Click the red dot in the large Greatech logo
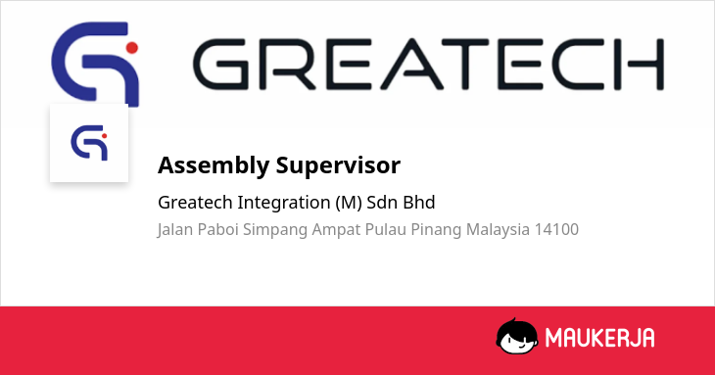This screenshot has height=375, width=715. point(132,48)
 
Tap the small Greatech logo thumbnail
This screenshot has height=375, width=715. point(89,143)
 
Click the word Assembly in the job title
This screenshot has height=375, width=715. point(214,165)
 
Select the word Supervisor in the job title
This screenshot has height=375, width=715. point(338,165)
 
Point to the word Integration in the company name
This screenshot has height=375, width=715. point(284,203)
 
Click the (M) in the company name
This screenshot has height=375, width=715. point(349,203)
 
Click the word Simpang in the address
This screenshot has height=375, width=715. point(275,230)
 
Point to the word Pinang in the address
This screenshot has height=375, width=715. point(436,230)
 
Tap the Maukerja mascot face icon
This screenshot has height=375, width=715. point(516,336)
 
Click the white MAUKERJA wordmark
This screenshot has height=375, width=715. point(599,338)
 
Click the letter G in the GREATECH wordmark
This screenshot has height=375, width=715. point(221,64)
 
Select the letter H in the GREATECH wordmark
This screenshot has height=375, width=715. point(645,64)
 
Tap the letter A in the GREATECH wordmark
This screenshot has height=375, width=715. point(411,64)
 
